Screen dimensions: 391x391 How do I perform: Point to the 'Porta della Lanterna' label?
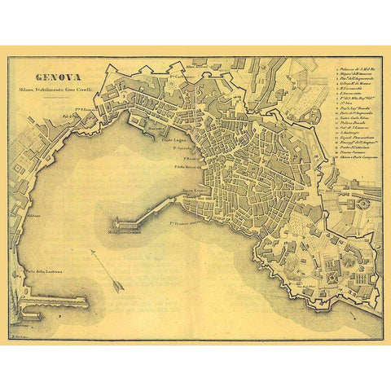pyautogui.click(x=42, y=272)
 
